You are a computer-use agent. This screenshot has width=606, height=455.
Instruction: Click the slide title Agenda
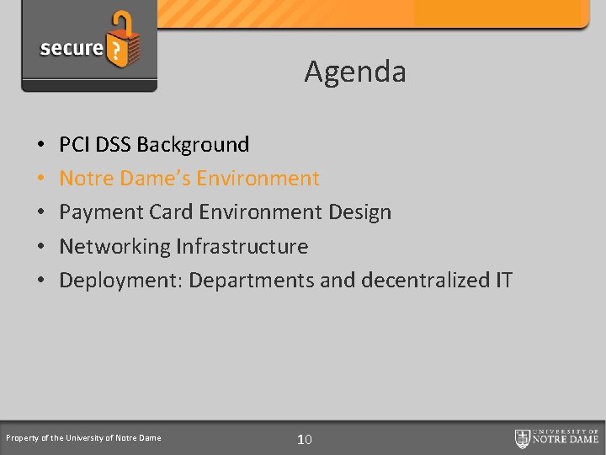point(355,72)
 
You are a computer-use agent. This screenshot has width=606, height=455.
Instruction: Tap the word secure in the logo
point(71,48)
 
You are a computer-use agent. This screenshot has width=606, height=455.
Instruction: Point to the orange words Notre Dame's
point(118,179)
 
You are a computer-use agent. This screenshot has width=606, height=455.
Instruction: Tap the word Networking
point(114,247)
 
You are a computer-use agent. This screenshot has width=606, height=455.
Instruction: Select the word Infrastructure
point(242,247)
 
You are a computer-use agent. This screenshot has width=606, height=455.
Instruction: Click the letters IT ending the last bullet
point(503,281)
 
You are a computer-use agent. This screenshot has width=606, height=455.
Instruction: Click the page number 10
point(305,439)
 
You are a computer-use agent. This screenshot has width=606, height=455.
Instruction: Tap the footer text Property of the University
point(83,438)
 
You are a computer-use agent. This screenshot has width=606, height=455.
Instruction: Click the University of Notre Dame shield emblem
point(523,438)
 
